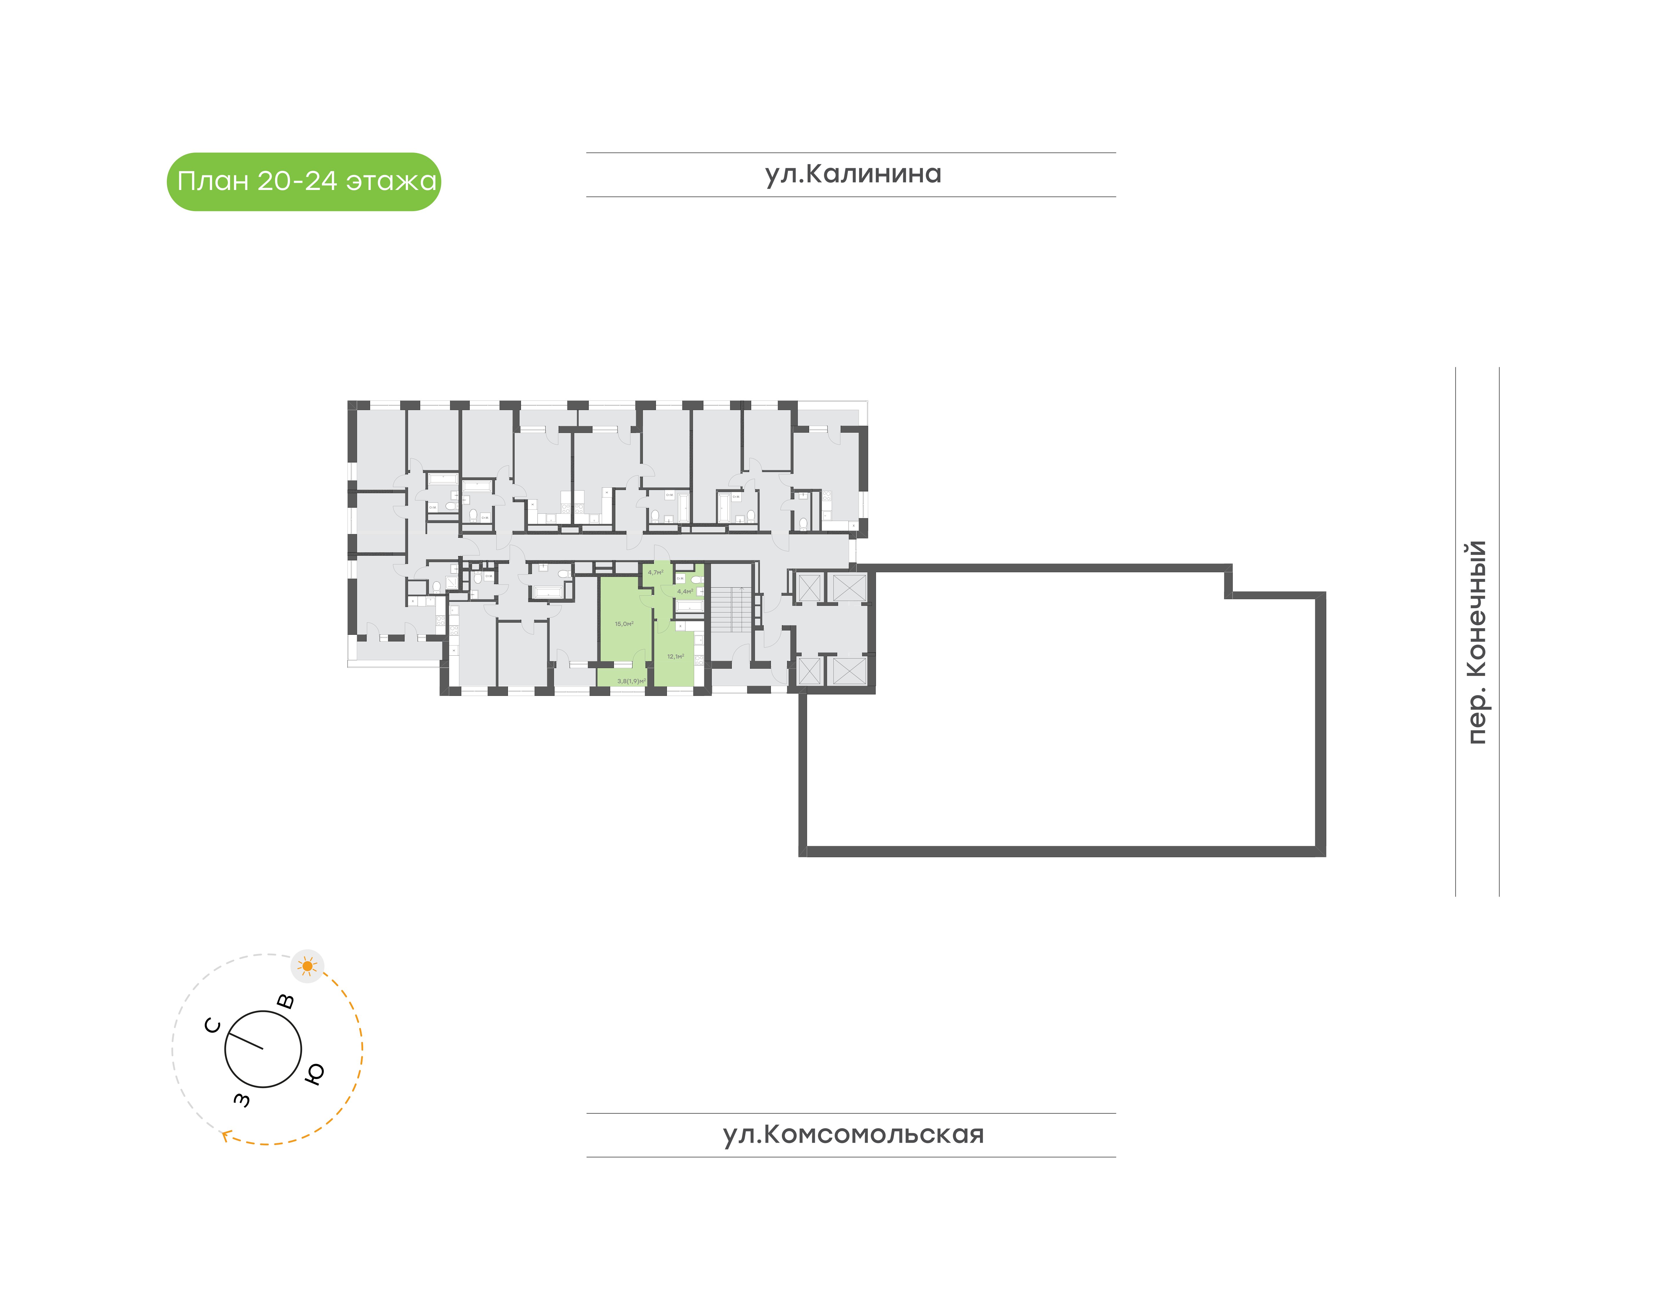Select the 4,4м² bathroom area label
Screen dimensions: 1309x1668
pos(685,592)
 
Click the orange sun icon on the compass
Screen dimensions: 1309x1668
pos(307,966)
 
